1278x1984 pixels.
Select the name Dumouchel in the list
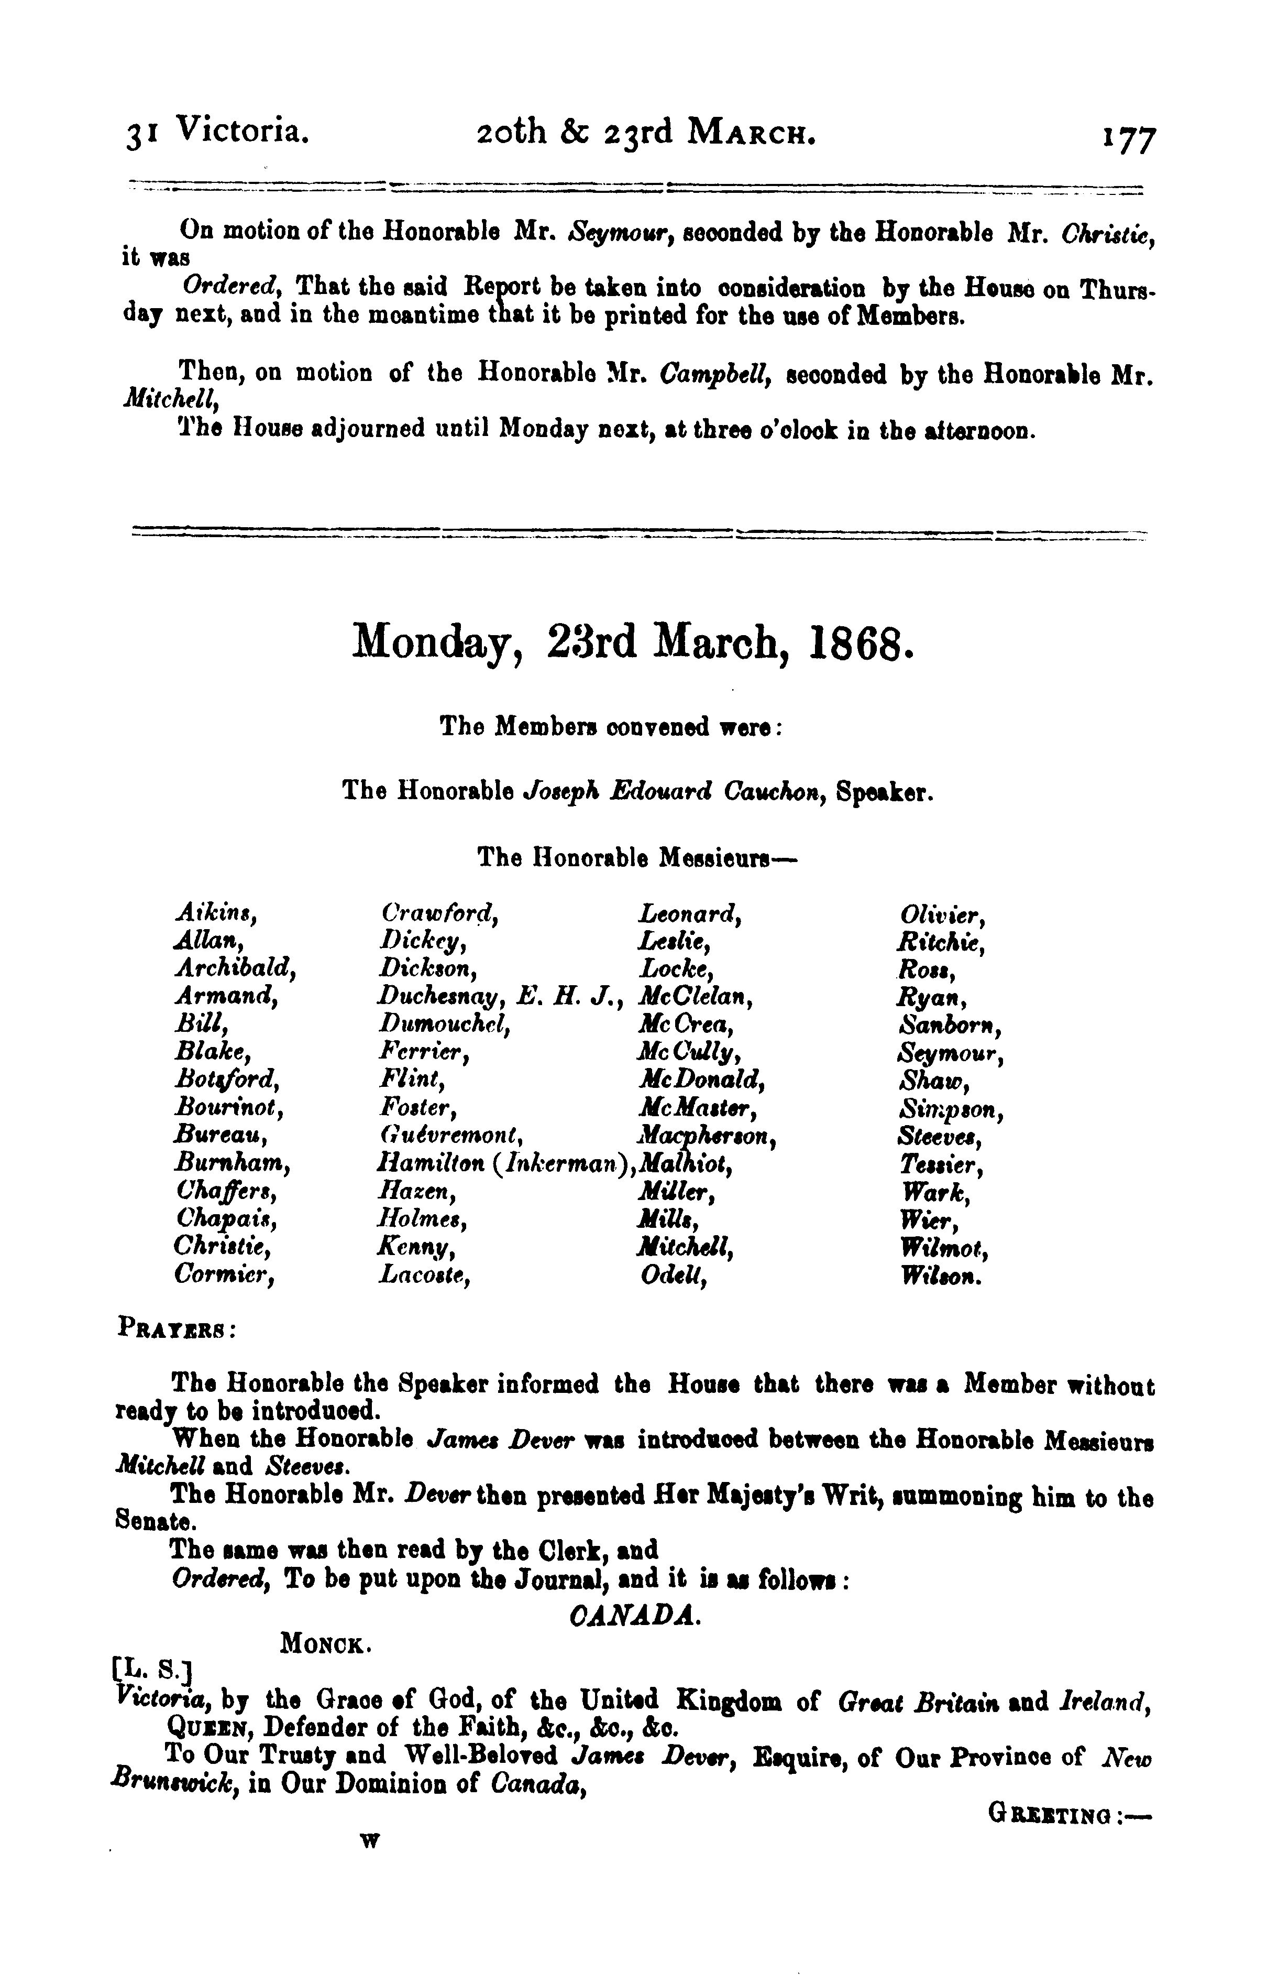coord(443,1025)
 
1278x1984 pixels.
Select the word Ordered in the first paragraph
coord(233,287)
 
